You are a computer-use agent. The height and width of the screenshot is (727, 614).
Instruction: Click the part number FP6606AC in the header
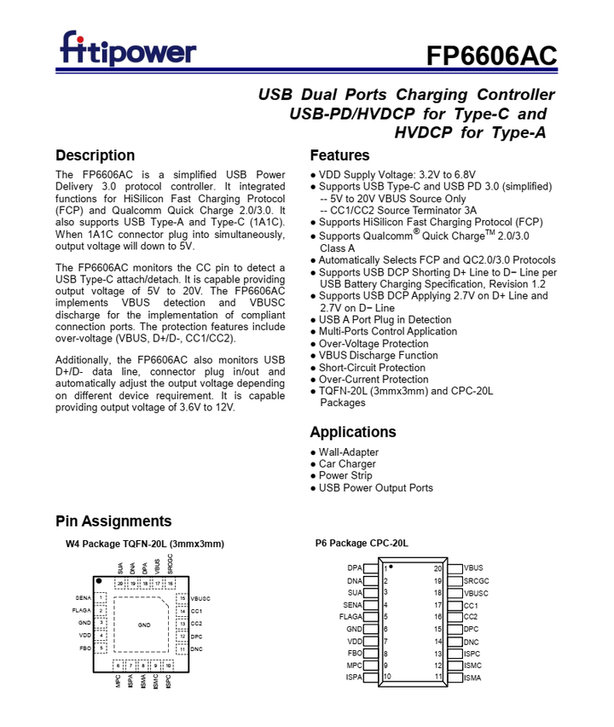point(492,55)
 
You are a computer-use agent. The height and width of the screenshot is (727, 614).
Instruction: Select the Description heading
point(95,155)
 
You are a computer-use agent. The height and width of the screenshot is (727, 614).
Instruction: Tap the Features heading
point(339,155)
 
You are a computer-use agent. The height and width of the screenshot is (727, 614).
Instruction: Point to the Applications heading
point(354,432)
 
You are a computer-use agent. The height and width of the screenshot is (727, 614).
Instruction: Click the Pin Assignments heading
point(113,521)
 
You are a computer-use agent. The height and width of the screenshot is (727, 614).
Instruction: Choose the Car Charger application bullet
point(347,464)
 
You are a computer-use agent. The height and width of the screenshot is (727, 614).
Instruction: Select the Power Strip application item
point(345,476)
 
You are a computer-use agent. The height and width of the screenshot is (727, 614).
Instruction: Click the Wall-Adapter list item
point(349,452)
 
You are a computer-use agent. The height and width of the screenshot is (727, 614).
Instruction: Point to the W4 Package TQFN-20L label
point(145,544)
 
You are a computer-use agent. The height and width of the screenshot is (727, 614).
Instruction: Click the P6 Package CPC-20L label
point(362,543)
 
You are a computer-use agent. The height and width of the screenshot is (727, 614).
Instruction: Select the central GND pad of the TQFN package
point(144,625)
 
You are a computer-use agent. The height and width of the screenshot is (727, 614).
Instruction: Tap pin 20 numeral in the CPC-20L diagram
point(438,568)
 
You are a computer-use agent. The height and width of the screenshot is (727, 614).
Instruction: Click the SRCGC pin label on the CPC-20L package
point(477,580)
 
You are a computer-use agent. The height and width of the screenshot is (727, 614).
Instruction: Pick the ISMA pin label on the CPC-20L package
point(473,678)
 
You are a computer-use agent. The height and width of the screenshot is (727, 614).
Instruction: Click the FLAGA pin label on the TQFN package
point(82,610)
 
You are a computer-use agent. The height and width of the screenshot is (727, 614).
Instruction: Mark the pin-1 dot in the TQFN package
point(100,582)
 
